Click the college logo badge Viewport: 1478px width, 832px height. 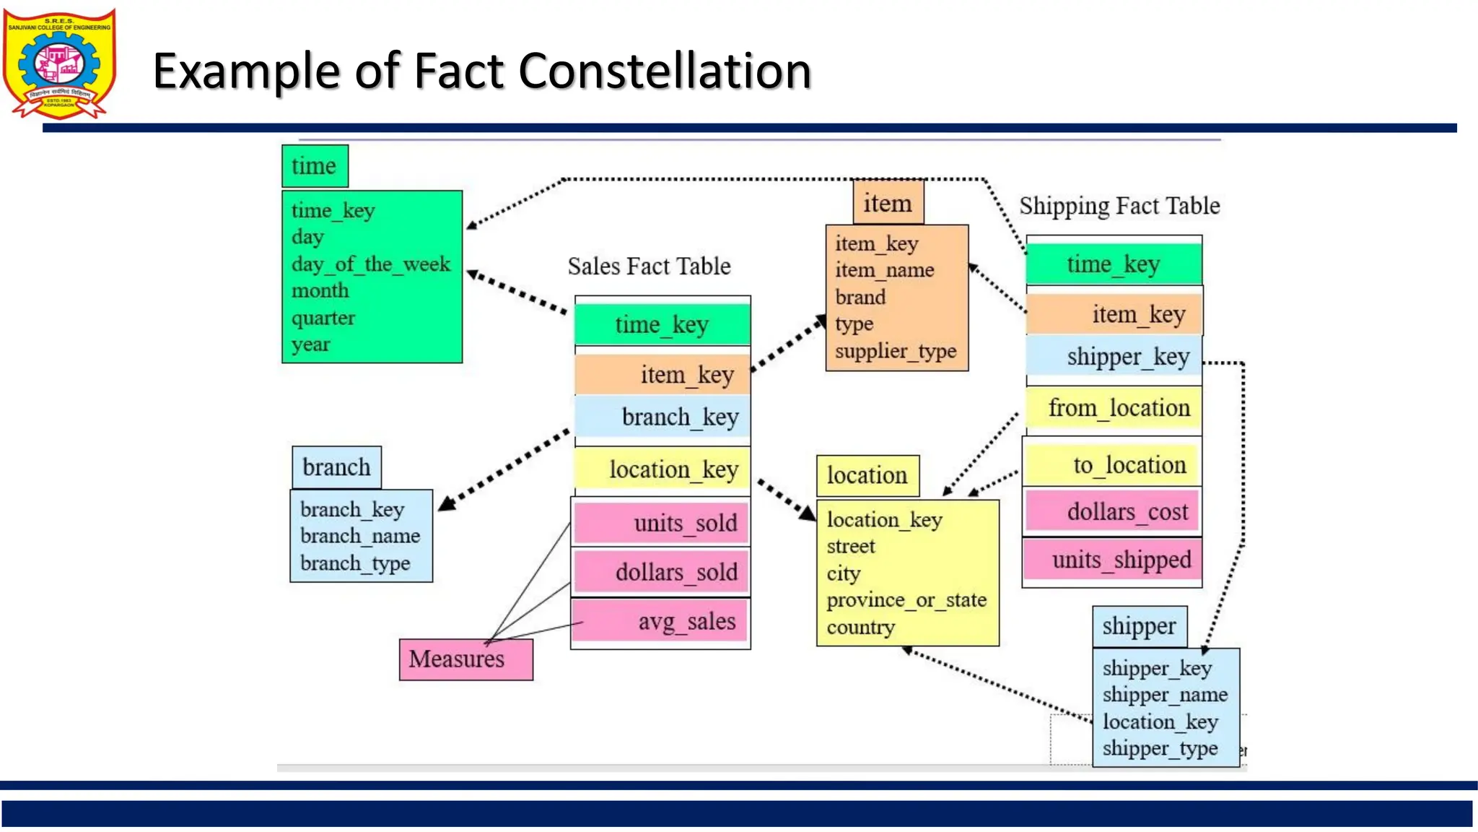tap(59, 64)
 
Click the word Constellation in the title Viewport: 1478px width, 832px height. tap(665, 71)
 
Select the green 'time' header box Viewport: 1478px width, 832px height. tap(315, 166)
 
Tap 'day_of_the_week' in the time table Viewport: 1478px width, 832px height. tap(370, 264)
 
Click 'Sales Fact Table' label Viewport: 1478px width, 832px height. tap(649, 266)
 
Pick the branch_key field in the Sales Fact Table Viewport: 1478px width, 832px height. tap(663, 417)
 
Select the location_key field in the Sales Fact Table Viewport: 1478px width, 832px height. tap(663, 469)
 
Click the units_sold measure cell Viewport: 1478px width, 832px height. tap(661, 523)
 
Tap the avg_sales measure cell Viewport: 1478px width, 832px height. tap(661, 621)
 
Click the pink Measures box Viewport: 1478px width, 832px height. tap(465, 659)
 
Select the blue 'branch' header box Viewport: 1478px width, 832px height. tap(336, 468)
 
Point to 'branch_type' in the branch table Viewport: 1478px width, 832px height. tap(355, 563)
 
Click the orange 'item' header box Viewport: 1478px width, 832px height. tap(888, 204)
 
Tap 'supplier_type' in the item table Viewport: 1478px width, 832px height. tap(896, 352)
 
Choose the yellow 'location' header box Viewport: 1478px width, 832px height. tap(867, 476)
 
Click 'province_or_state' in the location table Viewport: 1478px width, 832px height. tap(906, 600)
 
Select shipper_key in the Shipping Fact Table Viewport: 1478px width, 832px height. tap(1114, 357)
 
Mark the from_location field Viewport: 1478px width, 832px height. tap(1114, 409)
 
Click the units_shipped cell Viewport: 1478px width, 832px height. tap(1113, 560)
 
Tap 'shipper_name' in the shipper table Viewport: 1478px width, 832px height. tap(1165, 695)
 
